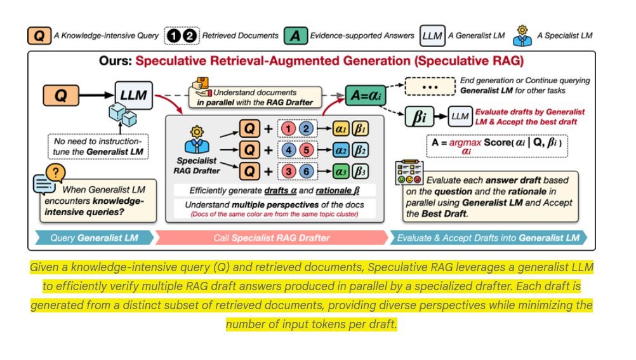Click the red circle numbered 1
point(288,130)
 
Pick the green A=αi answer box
point(365,96)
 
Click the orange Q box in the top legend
point(39,36)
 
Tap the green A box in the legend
point(294,36)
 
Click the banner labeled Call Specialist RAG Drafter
point(271,239)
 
